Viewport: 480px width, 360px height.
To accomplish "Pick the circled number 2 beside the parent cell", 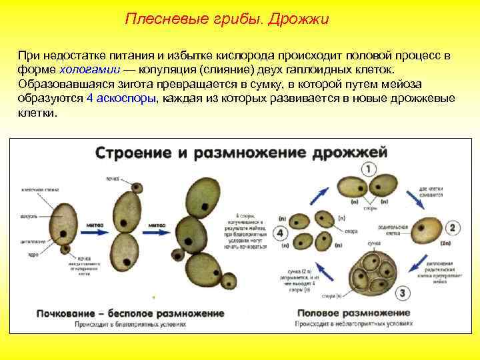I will pyautogui.click(x=452, y=228).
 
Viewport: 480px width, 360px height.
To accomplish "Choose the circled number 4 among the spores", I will pyautogui.click(x=280, y=234).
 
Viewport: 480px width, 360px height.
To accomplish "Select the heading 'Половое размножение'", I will pyautogui.click(x=353, y=313).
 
